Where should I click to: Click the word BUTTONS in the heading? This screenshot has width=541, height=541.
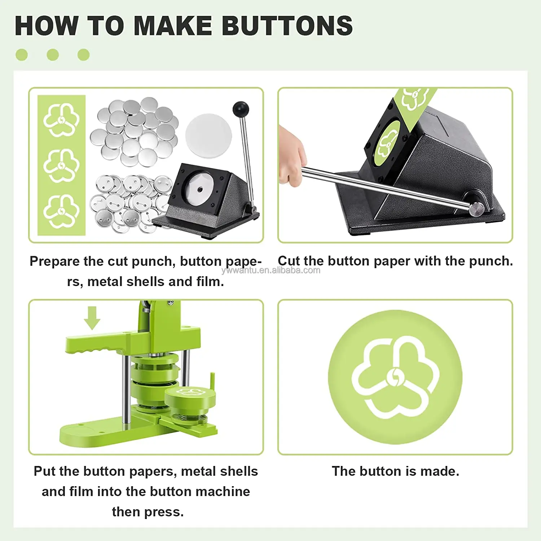(287, 26)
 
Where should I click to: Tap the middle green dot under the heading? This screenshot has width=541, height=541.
(53, 55)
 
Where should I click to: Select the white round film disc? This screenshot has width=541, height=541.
(208, 136)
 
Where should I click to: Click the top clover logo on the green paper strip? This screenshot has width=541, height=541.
(61, 120)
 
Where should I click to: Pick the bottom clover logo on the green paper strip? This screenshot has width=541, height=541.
(61, 211)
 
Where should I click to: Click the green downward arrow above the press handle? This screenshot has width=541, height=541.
(92, 318)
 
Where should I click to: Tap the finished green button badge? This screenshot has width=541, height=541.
(395, 377)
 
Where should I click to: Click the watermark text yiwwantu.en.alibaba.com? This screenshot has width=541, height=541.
(271, 270)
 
